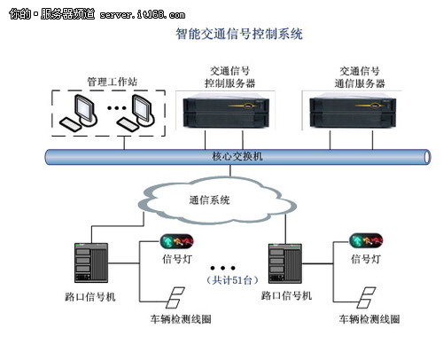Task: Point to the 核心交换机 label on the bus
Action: click(x=237, y=157)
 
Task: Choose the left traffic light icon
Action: click(x=176, y=240)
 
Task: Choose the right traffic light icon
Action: click(x=366, y=240)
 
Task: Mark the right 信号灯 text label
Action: click(x=366, y=260)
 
